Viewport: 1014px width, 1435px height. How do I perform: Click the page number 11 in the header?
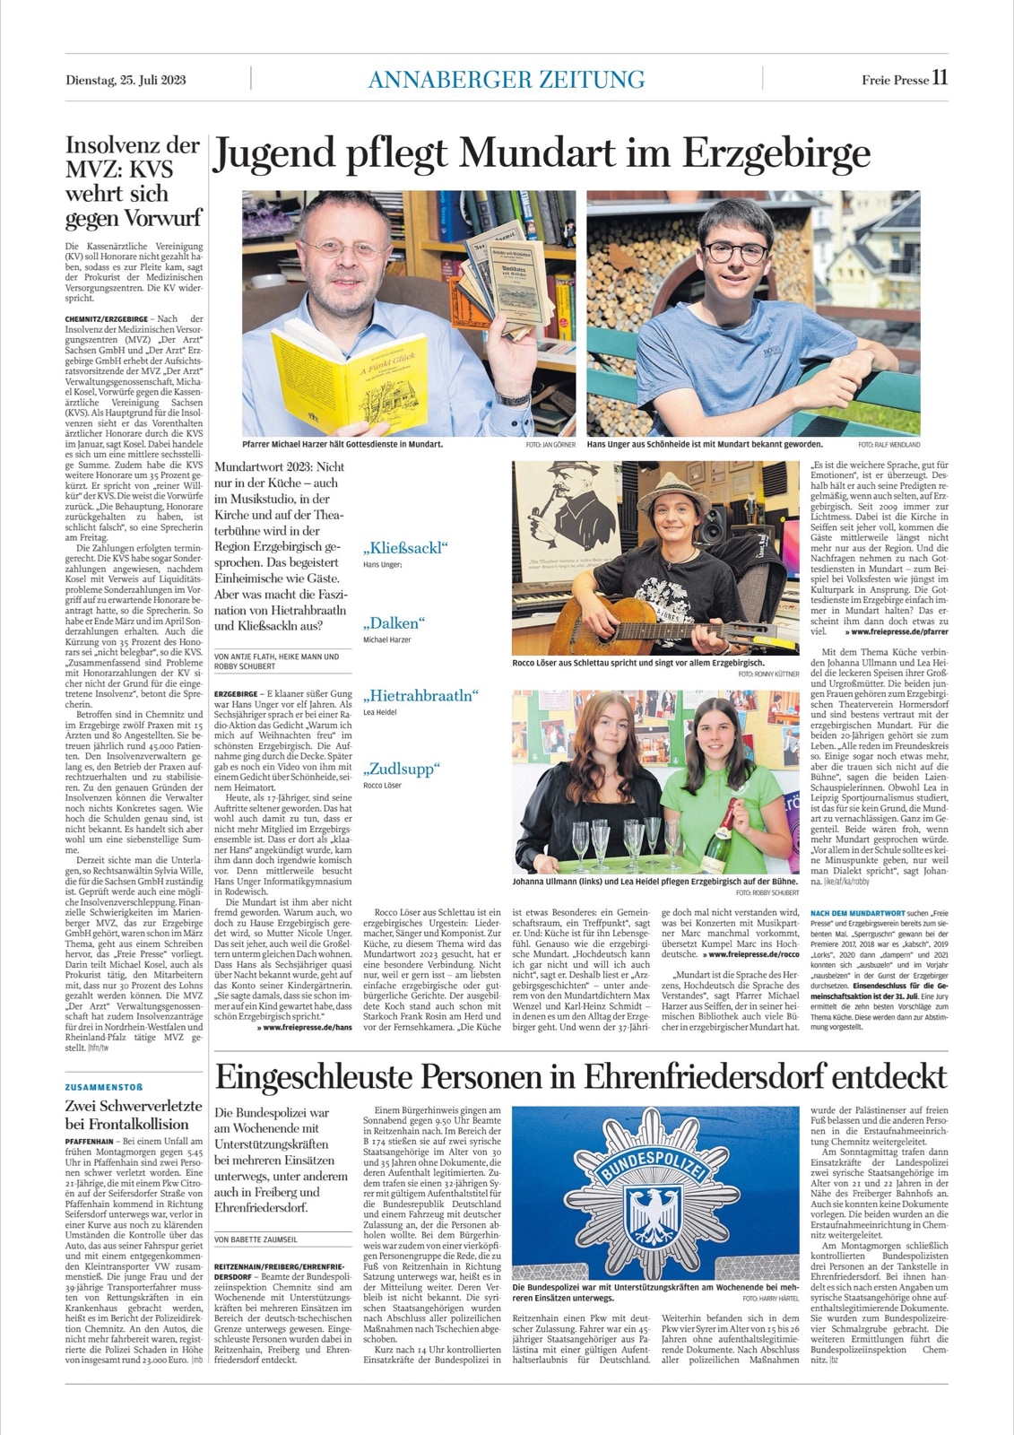940,77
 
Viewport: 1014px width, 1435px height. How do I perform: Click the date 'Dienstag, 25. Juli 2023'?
126,79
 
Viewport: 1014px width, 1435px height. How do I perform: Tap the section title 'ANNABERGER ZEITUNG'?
507,79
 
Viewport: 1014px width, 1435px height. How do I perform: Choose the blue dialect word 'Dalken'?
393,623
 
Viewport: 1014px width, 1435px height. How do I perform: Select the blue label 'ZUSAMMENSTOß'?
104,1087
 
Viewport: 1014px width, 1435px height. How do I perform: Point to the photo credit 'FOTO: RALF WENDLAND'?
888,445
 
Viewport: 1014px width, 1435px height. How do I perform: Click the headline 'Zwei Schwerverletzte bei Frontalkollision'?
134,1115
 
